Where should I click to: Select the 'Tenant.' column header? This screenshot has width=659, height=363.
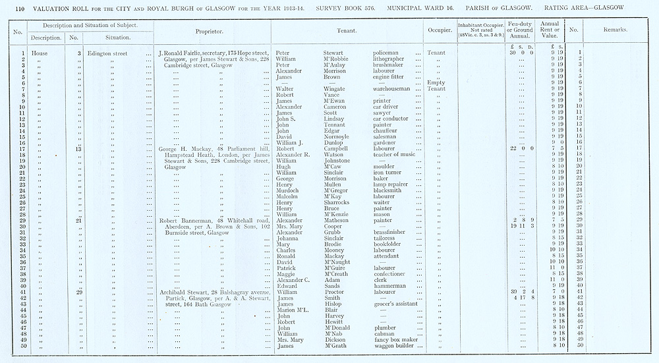coord(347,30)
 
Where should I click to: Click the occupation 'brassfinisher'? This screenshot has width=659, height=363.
coord(394,232)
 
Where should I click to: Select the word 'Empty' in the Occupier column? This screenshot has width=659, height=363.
coord(436,82)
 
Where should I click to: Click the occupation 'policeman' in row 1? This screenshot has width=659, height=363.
coord(389,53)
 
